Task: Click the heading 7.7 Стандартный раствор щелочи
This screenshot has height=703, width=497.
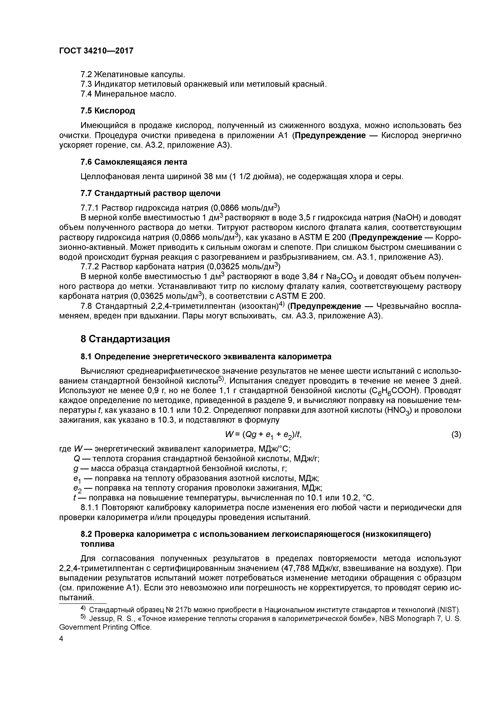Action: (x=150, y=193)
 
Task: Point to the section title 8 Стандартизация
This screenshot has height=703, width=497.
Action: (x=125, y=339)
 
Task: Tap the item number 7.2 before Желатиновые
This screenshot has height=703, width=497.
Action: (x=86, y=74)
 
